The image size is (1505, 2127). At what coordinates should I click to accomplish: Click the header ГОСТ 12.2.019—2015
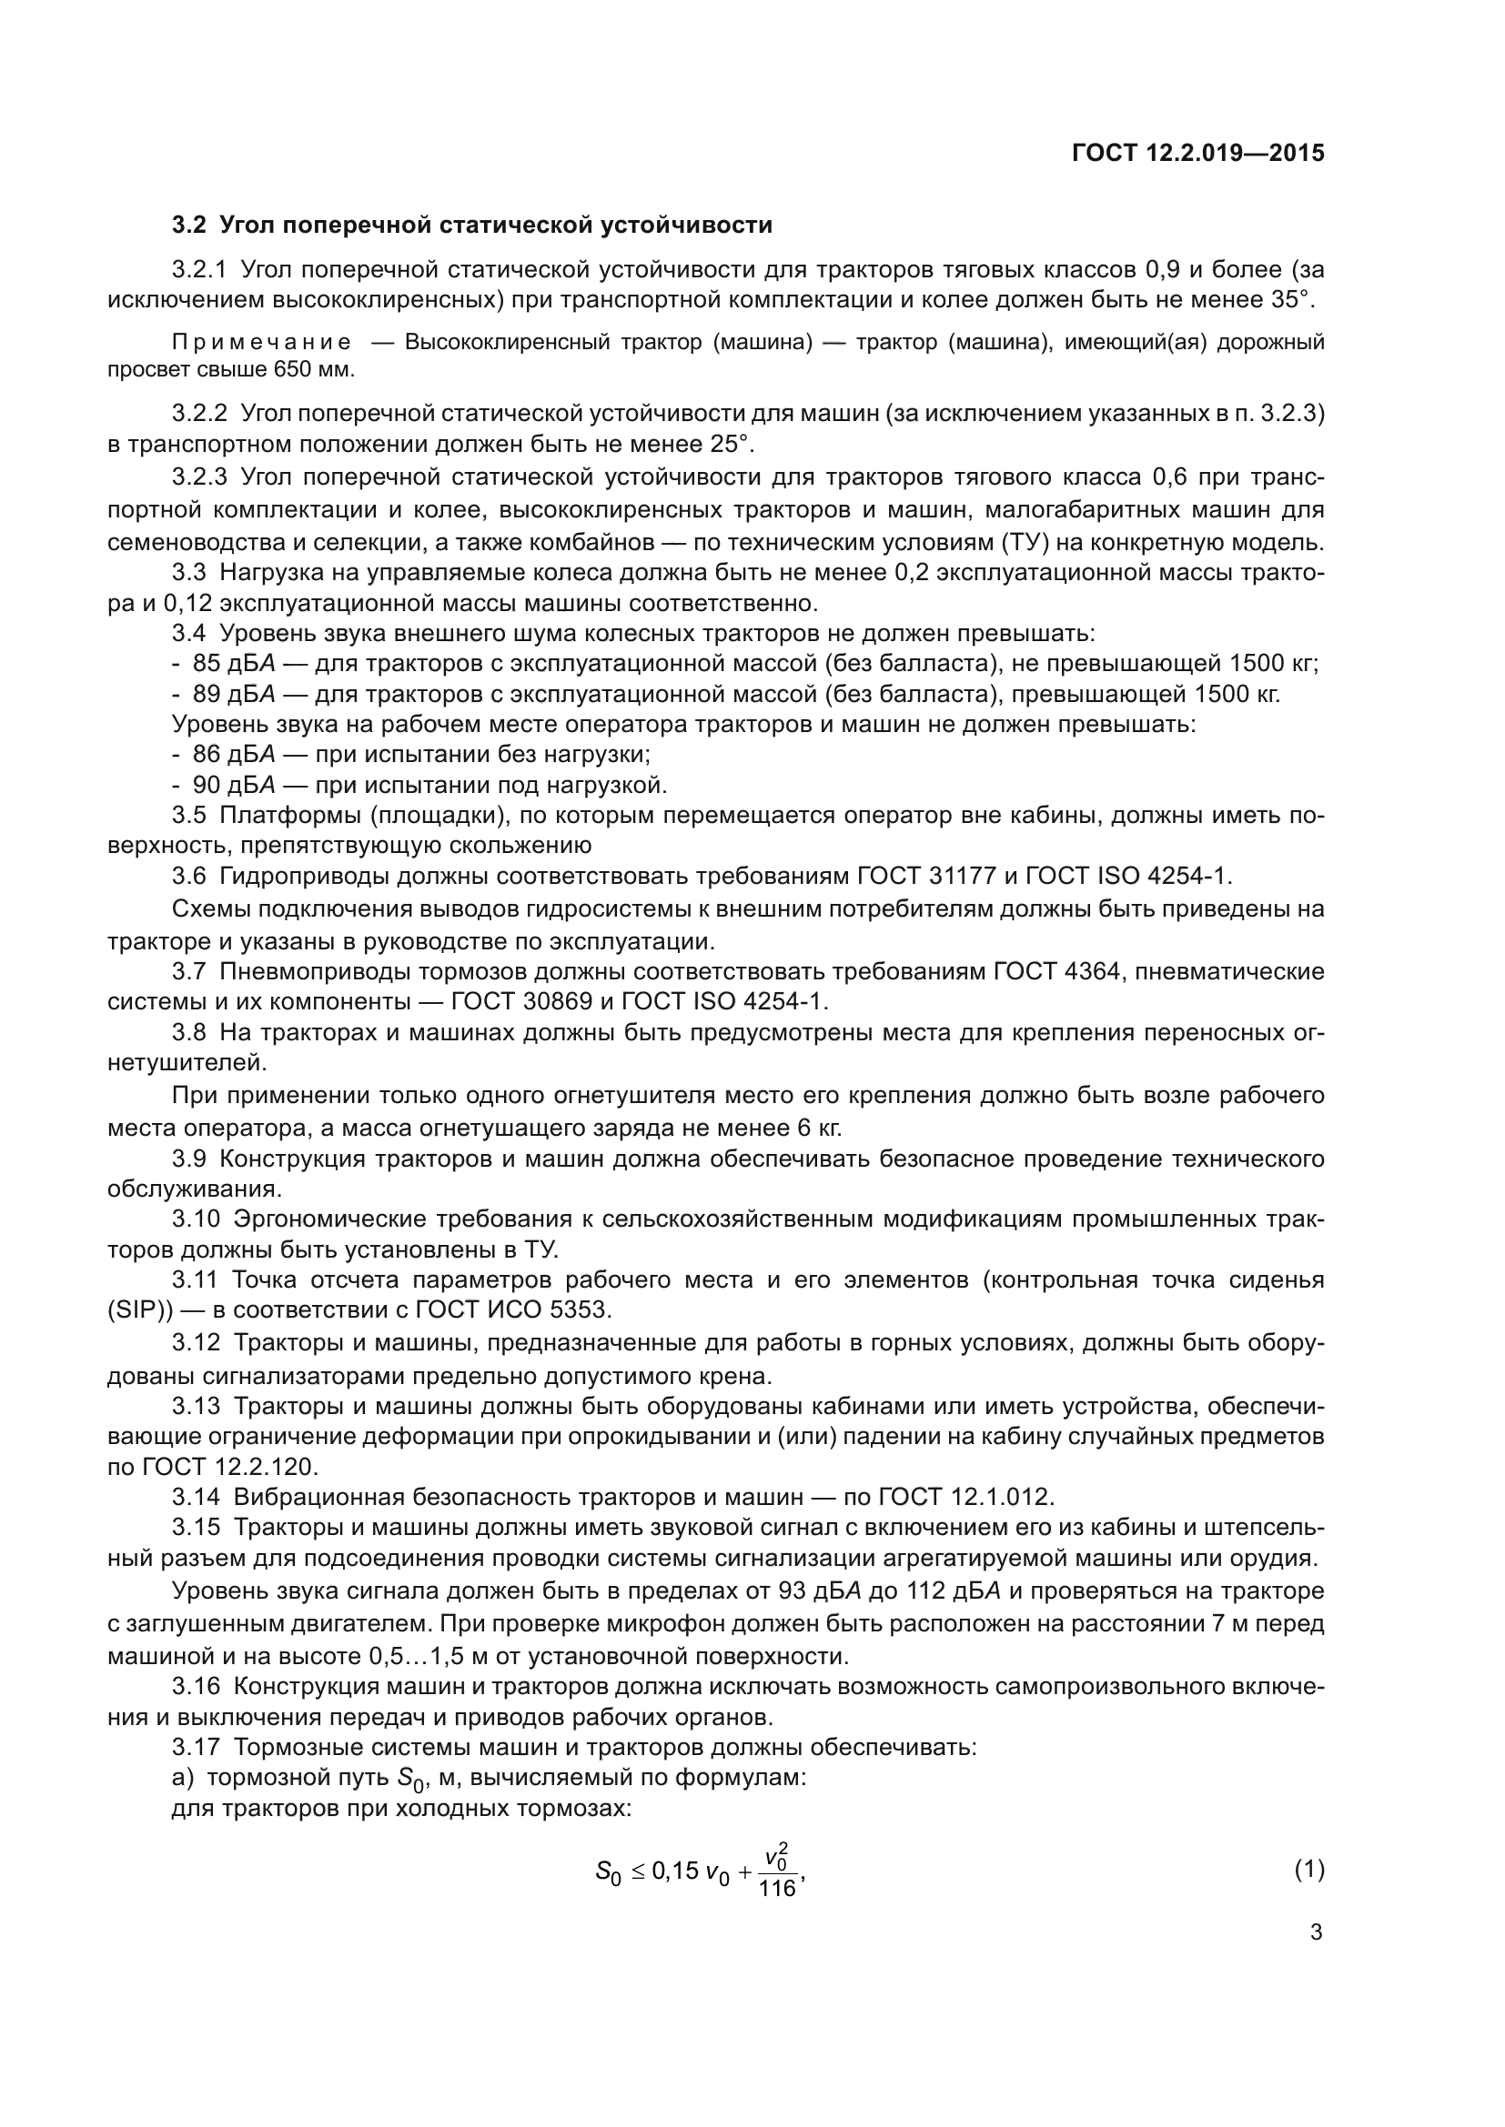1197,154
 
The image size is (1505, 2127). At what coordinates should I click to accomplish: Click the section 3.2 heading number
189,226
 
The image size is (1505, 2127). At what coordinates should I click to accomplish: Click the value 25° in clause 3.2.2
729,444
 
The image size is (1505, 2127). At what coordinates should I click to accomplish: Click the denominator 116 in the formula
776,1888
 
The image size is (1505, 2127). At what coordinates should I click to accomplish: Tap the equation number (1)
1308,1870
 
